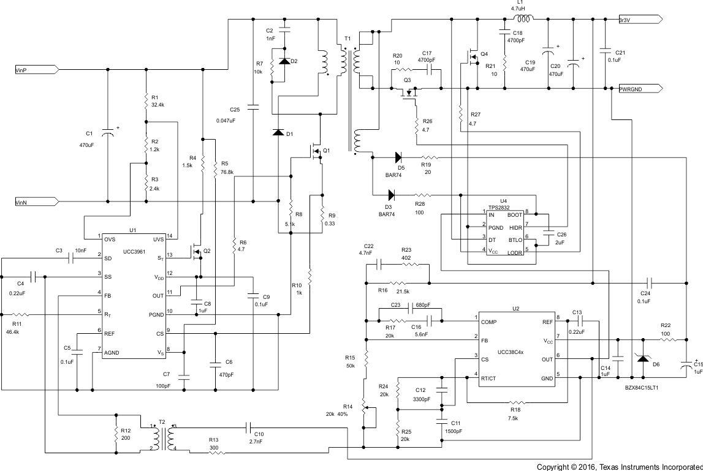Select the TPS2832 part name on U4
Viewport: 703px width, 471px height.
point(504,207)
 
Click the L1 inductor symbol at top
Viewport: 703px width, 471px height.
point(522,18)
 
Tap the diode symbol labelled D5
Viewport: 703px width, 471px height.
point(400,157)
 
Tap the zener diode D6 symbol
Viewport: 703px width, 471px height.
point(642,358)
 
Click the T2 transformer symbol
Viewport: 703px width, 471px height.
point(162,439)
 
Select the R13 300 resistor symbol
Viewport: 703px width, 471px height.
point(214,453)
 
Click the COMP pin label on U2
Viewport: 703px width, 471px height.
point(489,321)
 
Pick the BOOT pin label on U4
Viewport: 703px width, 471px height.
point(515,215)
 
